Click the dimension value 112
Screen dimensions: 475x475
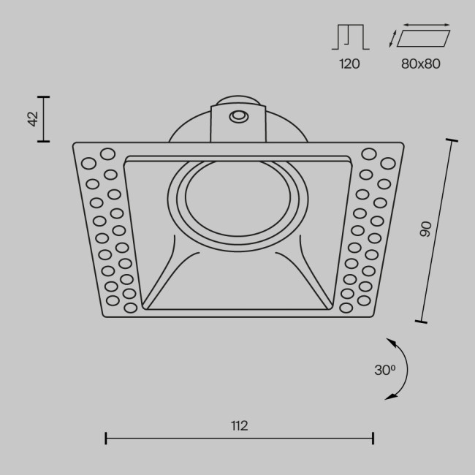click(239, 425)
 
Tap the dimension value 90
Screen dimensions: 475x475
click(426, 229)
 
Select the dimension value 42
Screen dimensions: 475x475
click(33, 118)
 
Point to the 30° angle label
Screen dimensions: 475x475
click(384, 370)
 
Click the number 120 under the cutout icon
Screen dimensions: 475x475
click(349, 64)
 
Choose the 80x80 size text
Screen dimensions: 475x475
click(421, 64)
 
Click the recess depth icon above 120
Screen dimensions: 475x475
click(351, 37)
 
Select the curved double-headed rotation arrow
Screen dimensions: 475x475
click(400, 369)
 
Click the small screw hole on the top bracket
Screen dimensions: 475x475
click(237, 116)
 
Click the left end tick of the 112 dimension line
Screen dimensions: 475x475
click(107, 438)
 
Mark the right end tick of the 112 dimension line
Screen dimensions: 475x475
click(373, 438)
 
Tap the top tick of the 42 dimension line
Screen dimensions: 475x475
click(45, 96)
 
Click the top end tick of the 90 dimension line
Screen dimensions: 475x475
click(451, 140)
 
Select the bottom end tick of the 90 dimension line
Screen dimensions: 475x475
click(420, 319)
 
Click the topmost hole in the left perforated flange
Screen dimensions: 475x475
click(107, 154)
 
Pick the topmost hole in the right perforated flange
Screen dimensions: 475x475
click(368, 153)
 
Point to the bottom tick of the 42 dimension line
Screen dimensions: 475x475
click(45, 140)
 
